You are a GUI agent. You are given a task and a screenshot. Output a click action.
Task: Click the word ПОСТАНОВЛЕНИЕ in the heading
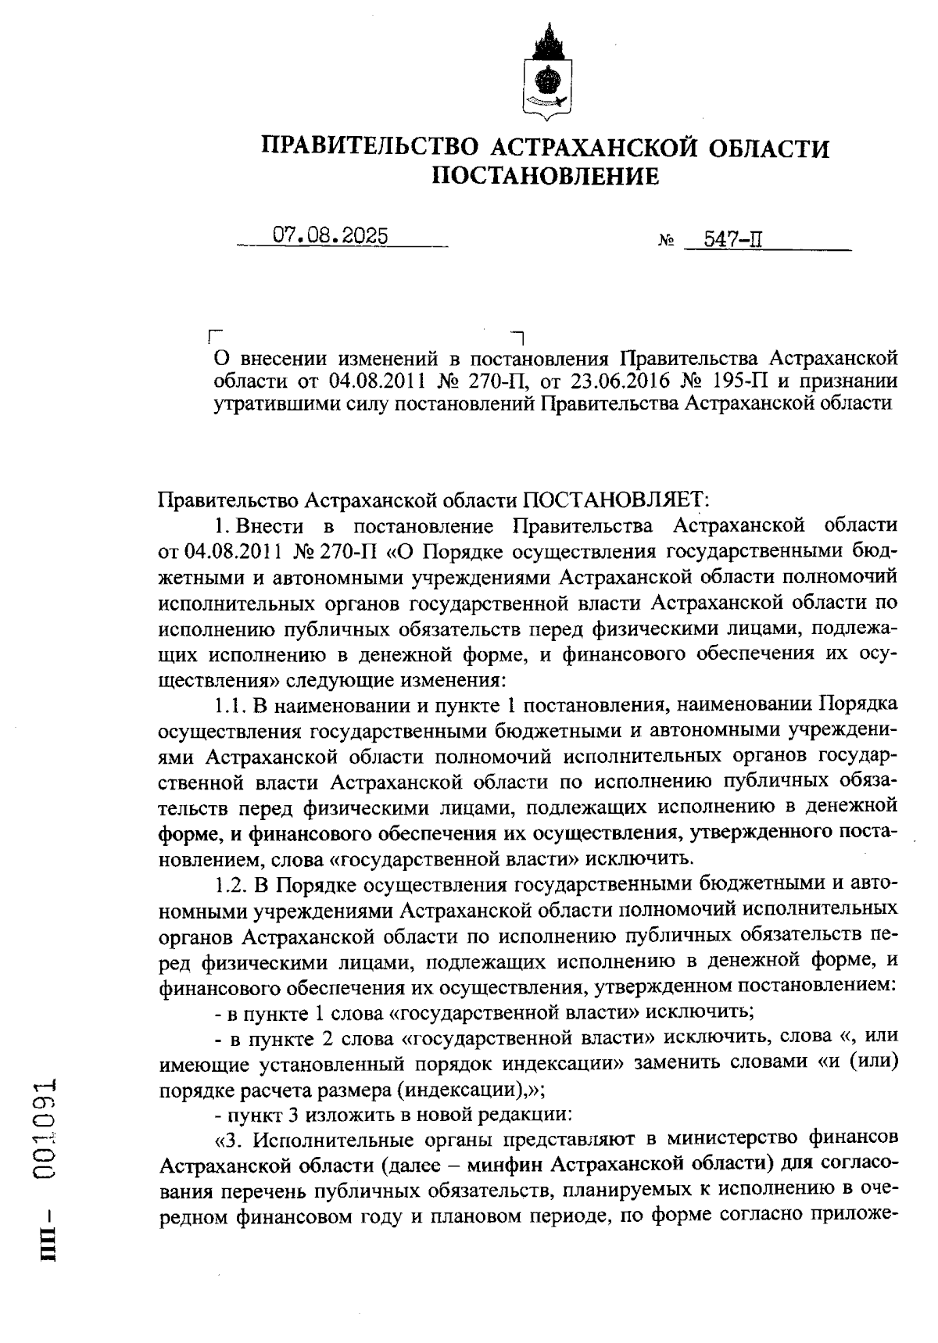pyautogui.click(x=546, y=177)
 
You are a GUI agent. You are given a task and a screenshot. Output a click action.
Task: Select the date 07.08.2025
pyautogui.click(x=330, y=236)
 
